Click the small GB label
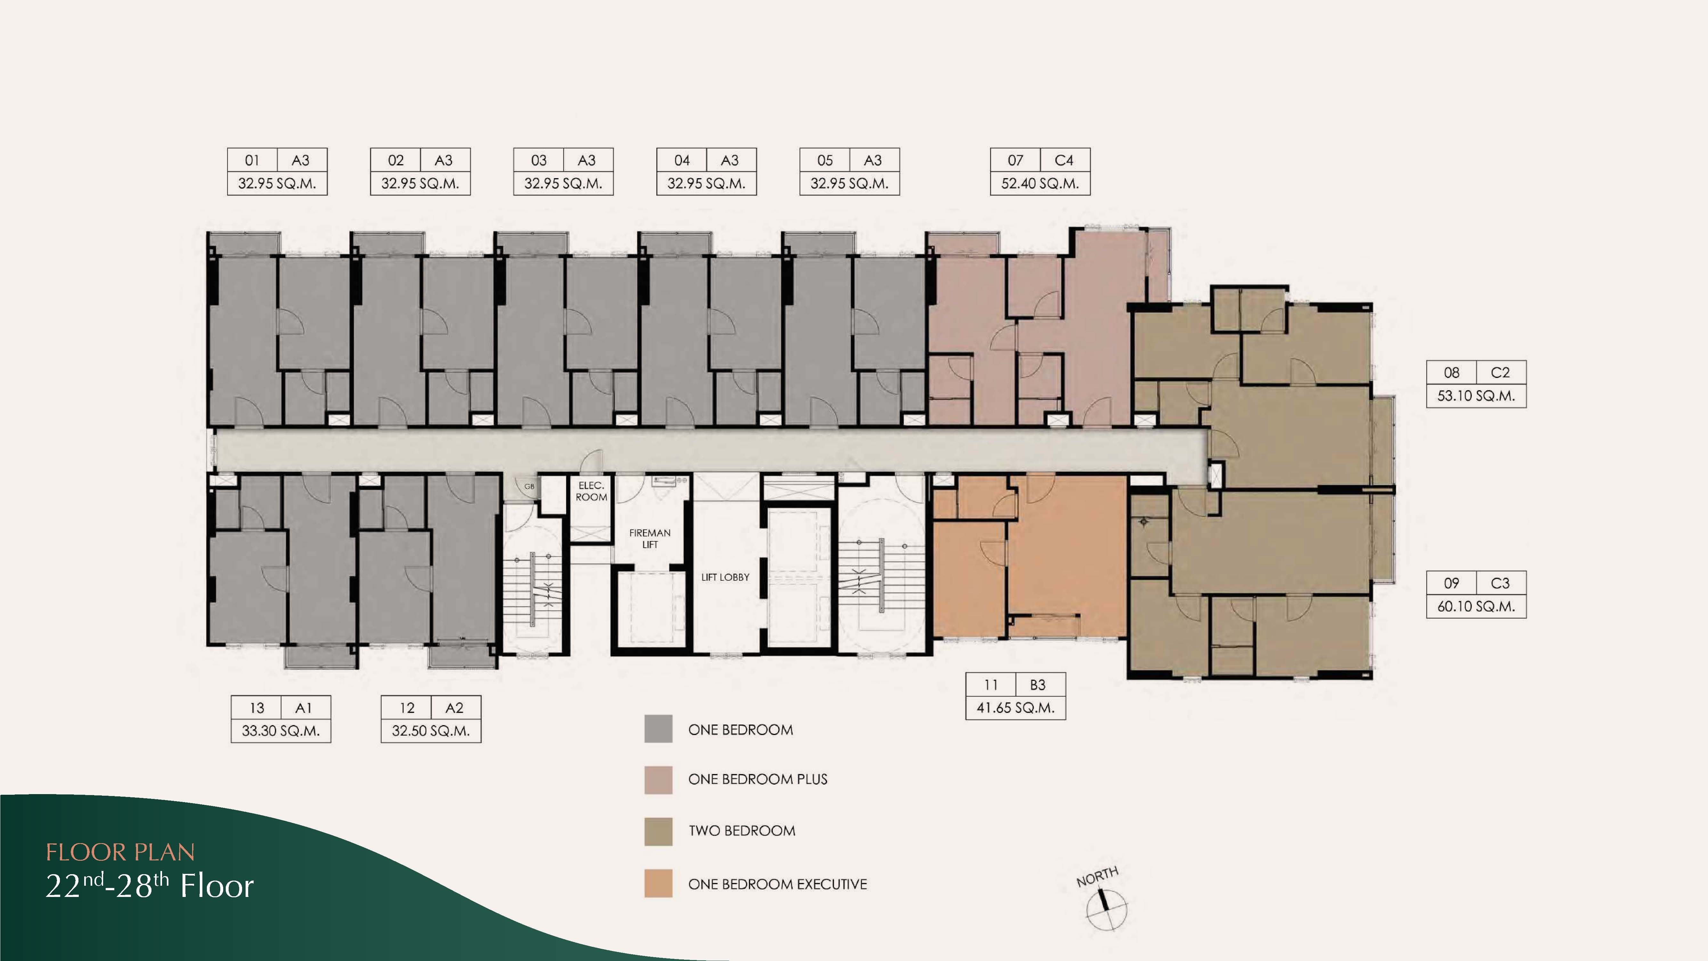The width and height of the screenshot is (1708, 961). pyautogui.click(x=529, y=486)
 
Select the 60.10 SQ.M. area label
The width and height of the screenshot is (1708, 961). pyautogui.click(x=1476, y=606)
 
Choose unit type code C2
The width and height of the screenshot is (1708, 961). pyautogui.click(x=1500, y=373)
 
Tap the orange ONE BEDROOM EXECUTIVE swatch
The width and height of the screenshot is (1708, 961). pyautogui.click(x=658, y=883)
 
